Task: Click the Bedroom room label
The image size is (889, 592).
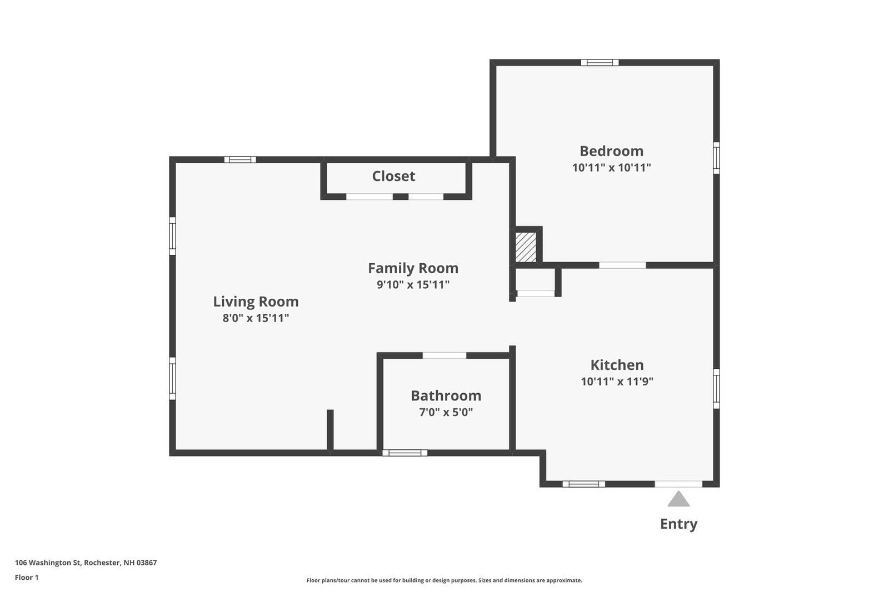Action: [611, 151]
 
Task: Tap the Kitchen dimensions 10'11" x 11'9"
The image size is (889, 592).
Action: [617, 382]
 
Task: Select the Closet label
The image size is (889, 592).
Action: [393, 176]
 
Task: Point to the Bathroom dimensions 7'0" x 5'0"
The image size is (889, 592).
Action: [446, 412]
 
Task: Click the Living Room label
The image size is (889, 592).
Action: [256, 302]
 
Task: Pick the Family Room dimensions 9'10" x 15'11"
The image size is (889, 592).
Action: [413, 285]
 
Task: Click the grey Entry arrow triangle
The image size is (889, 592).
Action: [678, 499]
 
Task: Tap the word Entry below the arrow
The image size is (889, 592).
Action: [678, 524]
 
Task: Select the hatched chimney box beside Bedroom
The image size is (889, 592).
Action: [526, 247]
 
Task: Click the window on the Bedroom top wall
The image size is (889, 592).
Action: [600, 62]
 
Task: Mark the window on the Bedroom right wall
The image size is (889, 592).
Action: [716, 158]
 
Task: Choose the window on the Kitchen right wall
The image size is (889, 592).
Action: [716, 388]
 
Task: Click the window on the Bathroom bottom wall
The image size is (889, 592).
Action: [405, 453]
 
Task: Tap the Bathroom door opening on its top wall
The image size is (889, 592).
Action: [444, 355]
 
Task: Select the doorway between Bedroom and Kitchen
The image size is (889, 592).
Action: [622, 265]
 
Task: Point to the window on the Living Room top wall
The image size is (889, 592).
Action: [240, 160]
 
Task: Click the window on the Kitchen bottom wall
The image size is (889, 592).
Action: [583, 484]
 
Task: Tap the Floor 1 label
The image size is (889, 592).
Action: [27, 578]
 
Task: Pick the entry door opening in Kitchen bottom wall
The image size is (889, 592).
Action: [678, 484]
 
